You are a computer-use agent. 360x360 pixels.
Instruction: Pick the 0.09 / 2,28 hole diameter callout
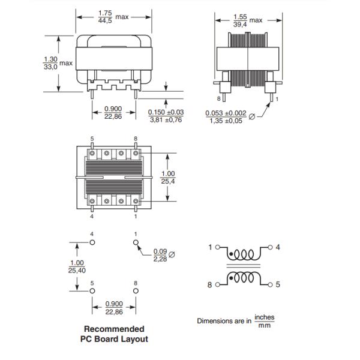coord(160,255)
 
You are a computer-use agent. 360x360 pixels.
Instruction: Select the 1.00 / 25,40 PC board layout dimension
coord(77,266)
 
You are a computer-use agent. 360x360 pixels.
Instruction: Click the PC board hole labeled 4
coord(92,242)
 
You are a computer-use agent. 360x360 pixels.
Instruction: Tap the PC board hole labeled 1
coord(136,242)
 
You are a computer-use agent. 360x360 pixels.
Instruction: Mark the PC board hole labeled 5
coord(92,290)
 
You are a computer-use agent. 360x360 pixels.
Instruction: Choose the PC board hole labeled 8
coord(136,290)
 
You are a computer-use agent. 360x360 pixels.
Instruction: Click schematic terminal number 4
coord(277,247)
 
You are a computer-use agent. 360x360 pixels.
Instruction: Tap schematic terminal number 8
coord(210,286)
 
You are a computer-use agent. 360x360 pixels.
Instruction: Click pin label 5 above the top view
coord(92,138)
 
